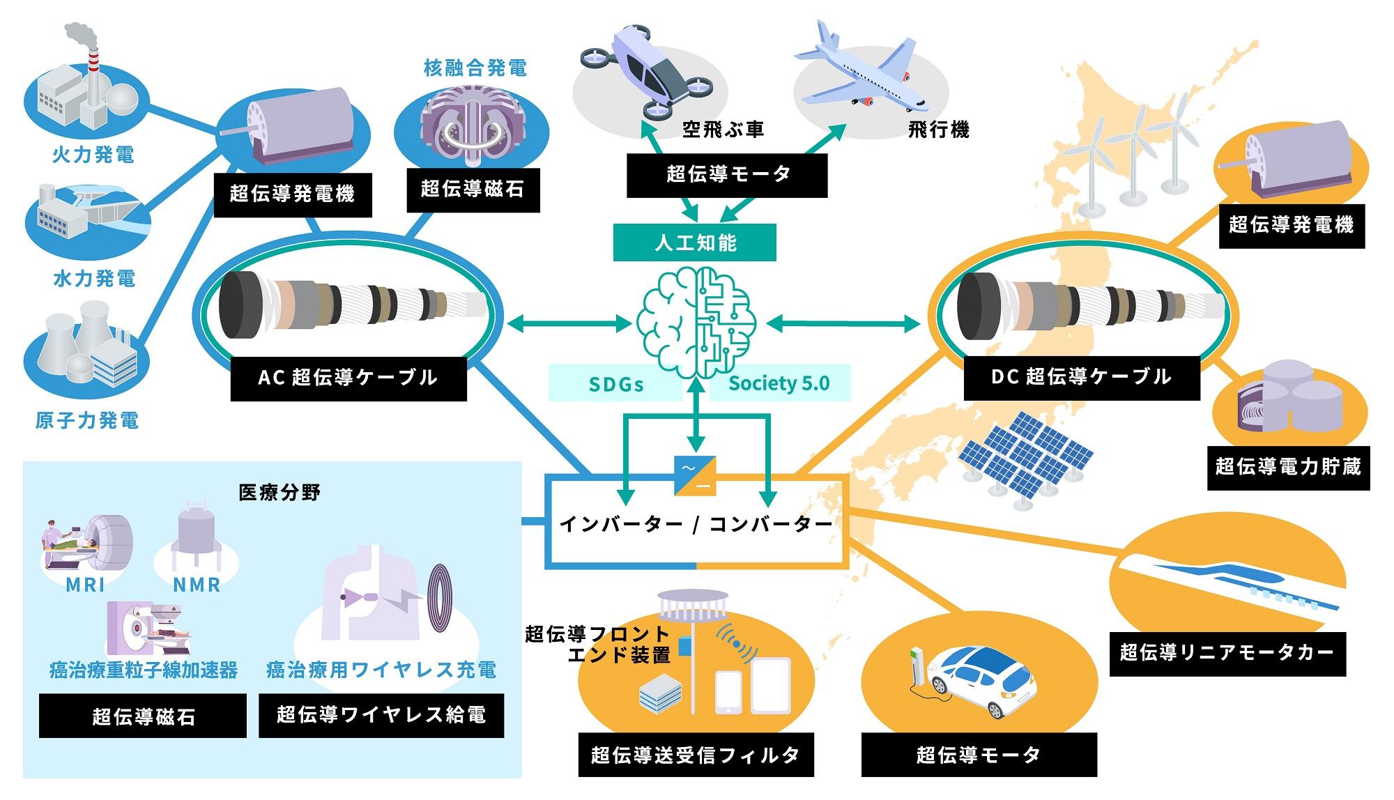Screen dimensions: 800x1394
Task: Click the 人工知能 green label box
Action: click(694, 243)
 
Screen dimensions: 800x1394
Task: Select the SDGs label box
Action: click(615, 384)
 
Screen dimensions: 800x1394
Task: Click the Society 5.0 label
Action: click(779, 383)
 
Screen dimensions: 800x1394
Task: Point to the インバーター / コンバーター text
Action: click(696, 524)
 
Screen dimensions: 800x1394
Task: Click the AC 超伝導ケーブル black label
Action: click(348, 378)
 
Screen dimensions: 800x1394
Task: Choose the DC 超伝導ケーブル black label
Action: click(1081, 377)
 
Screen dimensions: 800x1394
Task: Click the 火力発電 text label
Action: click(93, 155)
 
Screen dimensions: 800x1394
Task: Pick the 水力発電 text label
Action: click(94, 279)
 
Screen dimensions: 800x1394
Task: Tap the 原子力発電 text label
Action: click(87, 420)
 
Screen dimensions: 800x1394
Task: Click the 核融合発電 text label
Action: click(475, 68)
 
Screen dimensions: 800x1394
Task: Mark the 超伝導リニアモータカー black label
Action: click(1227, 653)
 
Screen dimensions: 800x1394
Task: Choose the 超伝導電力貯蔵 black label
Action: click(1288, 466)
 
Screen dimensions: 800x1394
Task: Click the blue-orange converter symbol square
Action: click(695, 475)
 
